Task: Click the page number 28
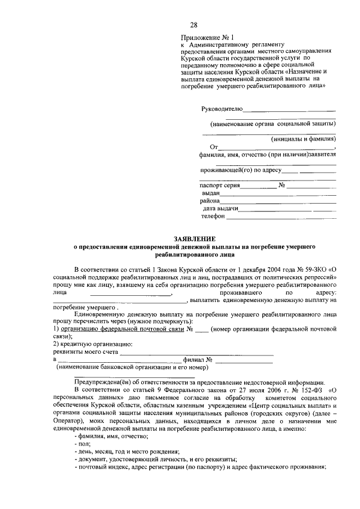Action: [x=193, y=25]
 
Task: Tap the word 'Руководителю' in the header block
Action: [x=222, y=108]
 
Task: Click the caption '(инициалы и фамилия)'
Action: [x=303, y=138]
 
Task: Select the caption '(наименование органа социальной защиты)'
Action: [x=273, y=123]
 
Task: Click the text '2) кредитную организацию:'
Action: [x=93, y=344]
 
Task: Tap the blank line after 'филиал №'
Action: [x=243, y=359]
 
